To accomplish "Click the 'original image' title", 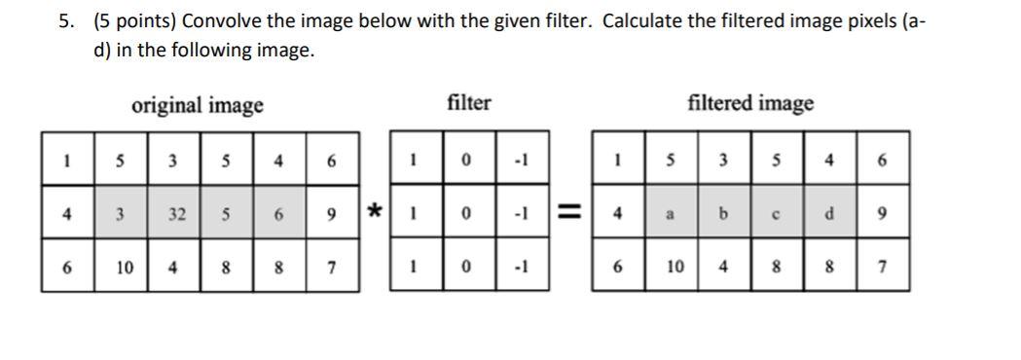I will point(198,105).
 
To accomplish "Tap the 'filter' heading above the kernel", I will point(469,102).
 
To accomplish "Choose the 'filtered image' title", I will point(750,103).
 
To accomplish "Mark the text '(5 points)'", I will point(135,20).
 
